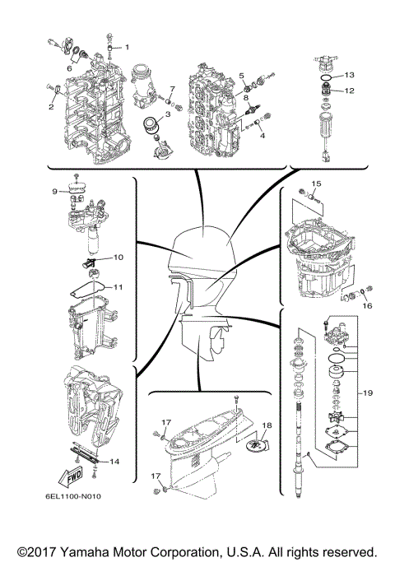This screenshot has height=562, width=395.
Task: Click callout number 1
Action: (x=127, y=35)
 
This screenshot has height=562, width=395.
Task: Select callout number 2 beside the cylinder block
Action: (x=51, y=106)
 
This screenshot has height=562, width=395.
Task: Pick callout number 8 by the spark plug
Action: (x=246, y=97)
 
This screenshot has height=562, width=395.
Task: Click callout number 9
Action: (x=55, y=191)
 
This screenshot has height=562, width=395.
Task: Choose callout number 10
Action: (x=118, y=257)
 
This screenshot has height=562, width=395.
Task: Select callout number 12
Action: (x=349, y=91)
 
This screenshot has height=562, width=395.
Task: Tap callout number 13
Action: (x=349, y=74)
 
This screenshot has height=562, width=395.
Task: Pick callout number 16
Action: (x=367, y=304)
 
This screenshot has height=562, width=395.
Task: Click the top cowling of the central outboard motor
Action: (x=200, y=244)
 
